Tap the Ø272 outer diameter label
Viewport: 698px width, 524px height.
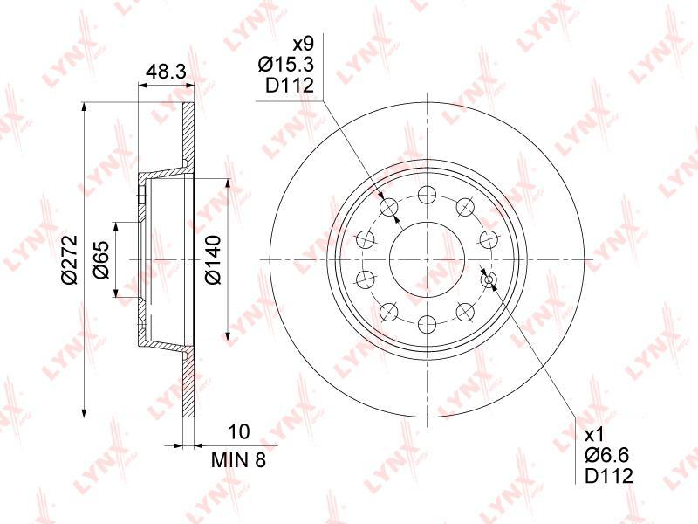click(x=70, y=259)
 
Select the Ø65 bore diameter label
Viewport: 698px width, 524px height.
click(x=101, y=259)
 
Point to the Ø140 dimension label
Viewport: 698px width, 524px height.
click(x=213, y=259)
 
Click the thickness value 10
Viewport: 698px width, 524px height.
click(x=238, y=431)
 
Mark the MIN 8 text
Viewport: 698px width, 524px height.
click(x=238, y=460)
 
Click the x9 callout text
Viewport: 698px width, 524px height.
click(x=303, y=44)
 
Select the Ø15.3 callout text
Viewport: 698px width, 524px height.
click(x=286, y=65)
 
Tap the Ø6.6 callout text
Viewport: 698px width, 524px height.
click(x=607, y=455)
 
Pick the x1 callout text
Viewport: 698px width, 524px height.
click(x=593, y=434)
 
